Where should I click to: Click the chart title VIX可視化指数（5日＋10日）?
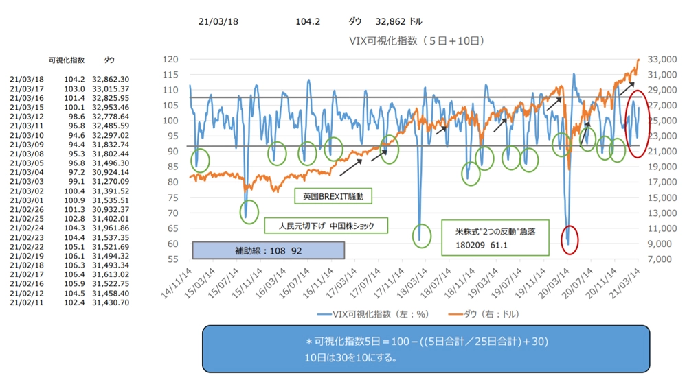click(417, 41)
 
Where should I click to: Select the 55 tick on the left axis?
click(171, 259)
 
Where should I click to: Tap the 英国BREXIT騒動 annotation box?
click(333, 196)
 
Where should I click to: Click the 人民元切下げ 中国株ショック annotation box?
click(325, 226)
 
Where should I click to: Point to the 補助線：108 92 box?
click(268, 249)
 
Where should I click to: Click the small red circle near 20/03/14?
click(569, 239)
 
